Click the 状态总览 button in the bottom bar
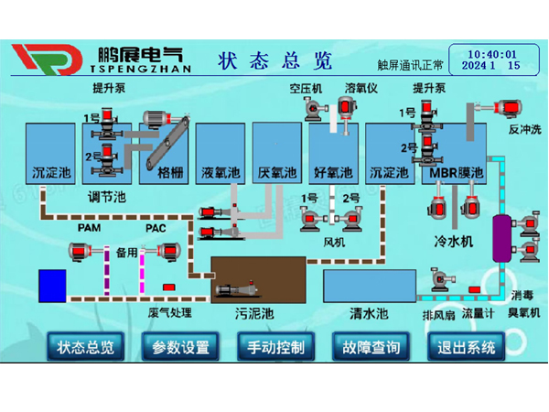[86, 348]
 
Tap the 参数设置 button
[180, 348]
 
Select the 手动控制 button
[275, 348]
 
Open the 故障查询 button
[371, 348]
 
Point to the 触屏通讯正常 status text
[410, 66]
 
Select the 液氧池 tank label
[221, 171]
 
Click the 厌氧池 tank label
[277, 171]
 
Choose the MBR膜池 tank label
[455, 171]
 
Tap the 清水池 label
[369, 314]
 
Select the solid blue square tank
[52, 285]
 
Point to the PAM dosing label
[89, 227]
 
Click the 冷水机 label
[453, 241]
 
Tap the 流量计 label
[479, 314]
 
